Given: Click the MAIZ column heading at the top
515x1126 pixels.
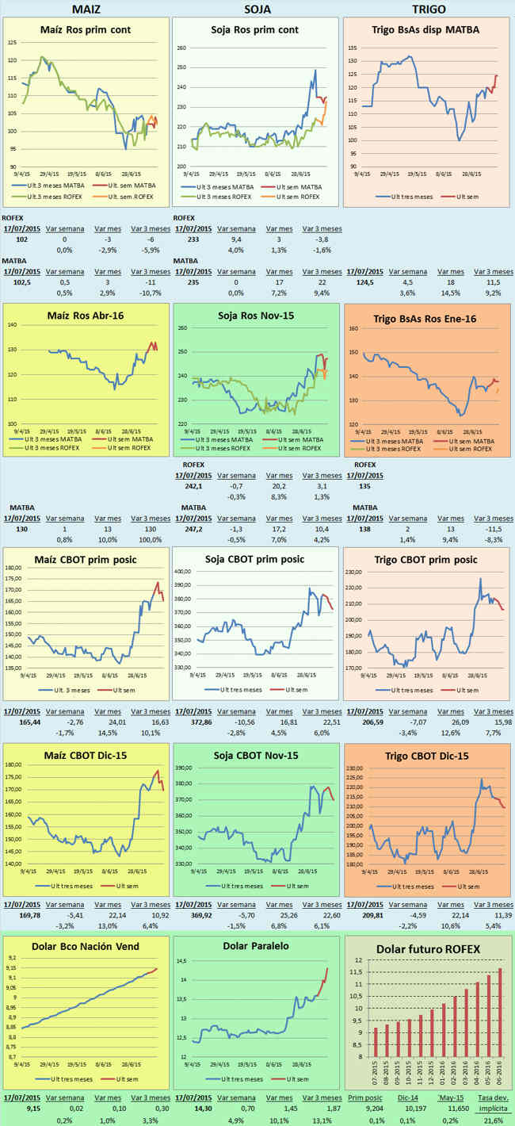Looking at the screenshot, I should pos(86,9).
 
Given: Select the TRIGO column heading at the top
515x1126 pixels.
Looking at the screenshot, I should pos(429,9).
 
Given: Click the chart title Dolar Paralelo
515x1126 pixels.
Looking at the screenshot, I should pos(256,946).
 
